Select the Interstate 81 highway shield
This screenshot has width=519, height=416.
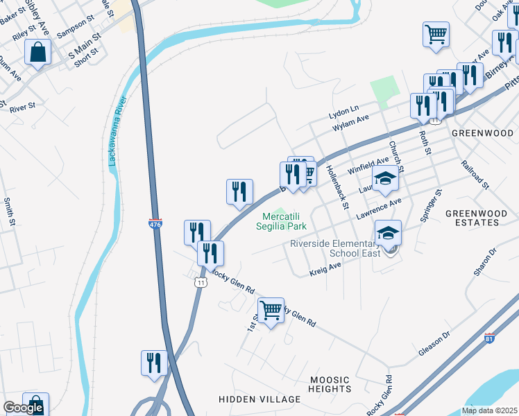click(490, 338)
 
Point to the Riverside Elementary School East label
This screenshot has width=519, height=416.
click(336, 248)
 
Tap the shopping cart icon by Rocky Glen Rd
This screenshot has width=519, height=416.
click(270, 310)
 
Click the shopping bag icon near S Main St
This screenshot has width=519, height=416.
click(37, 52)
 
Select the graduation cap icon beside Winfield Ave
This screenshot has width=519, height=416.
click(385, 179)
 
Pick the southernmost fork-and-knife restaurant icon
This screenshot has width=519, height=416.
click(154, 363)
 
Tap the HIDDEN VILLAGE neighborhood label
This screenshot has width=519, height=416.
click(259, 399)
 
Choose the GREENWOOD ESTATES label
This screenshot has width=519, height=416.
click(472, 218)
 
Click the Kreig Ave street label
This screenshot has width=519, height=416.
click(325, 268)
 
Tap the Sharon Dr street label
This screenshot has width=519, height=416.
click(485, 261)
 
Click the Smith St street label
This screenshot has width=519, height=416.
click(9, 212)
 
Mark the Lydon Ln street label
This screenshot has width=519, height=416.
click(344, 110)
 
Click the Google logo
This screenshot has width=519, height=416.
click(23, 408)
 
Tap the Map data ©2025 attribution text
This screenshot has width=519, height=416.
click(488, 410)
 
